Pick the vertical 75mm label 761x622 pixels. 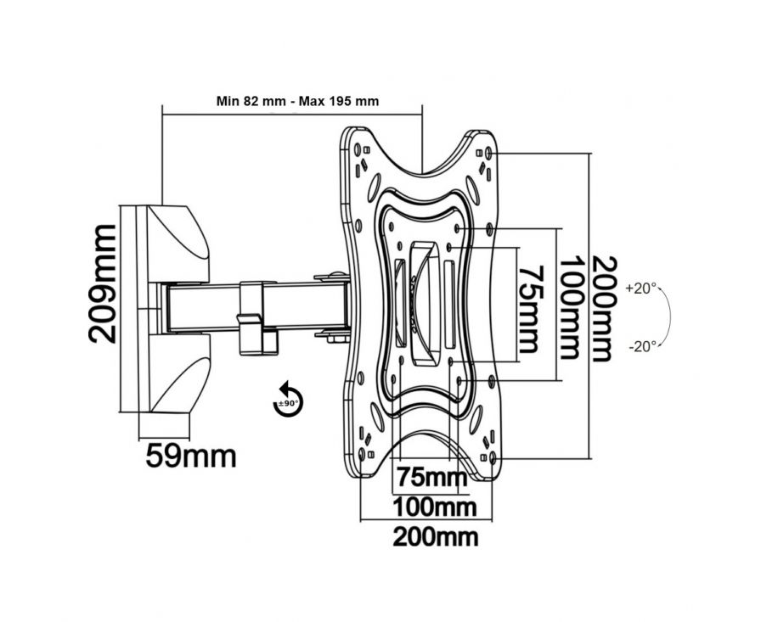pyautogui.click(x=527, y=308)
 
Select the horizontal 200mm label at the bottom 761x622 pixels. pyautogui.click(x=436, y=536)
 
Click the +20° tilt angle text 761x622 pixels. pyautogui.click(x=642, y=289)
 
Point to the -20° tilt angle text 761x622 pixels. pyautogui.click(x=642, y=345)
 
